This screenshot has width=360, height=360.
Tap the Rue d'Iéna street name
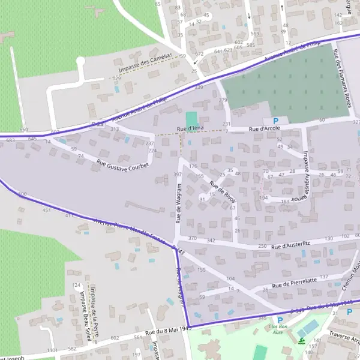(193, 128)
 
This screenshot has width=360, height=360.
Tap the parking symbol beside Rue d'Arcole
(284, 121)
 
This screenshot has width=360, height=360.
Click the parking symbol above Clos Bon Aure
(280, 320)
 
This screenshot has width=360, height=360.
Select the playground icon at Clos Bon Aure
(301, 341)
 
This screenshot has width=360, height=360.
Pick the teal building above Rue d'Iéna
(191, 119)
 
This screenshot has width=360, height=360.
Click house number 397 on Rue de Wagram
(177, 175)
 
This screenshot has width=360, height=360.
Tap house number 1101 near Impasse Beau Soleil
(52, 350)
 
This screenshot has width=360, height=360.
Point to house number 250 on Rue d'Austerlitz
(262, 247)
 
